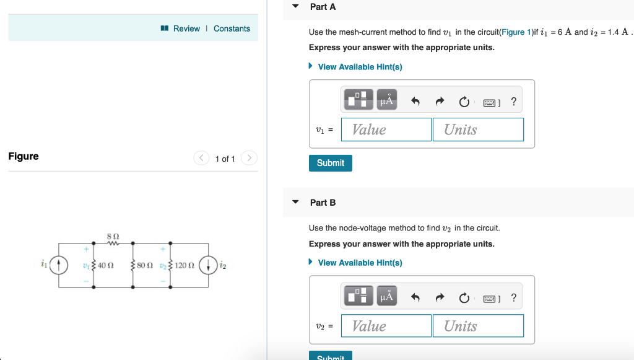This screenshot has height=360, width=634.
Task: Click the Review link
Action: tap(186, 29)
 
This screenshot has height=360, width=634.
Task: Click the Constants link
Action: tap(232, 29)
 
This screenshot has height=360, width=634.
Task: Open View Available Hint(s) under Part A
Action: tap(360, 67)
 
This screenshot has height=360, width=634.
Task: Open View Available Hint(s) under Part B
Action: tap(360, 263)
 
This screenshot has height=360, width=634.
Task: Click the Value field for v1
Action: tap(386, 130)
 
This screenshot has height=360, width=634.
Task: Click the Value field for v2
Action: tap(386, 326)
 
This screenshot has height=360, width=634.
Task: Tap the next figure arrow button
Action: tap(248, 158)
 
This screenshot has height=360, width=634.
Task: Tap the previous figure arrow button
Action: tap(202, 158)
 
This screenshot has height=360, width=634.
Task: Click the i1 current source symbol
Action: tap(59, 265)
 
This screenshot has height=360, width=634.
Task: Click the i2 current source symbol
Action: tap(209, 265)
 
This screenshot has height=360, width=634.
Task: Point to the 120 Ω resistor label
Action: tap(185, 266)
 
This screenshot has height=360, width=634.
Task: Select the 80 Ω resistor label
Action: tap(145, 266)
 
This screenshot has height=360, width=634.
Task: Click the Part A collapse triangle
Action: tap(296, 6)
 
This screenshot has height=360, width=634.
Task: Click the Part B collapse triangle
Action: tap(296, 202)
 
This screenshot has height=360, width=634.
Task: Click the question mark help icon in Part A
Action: tap(514, 101)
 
